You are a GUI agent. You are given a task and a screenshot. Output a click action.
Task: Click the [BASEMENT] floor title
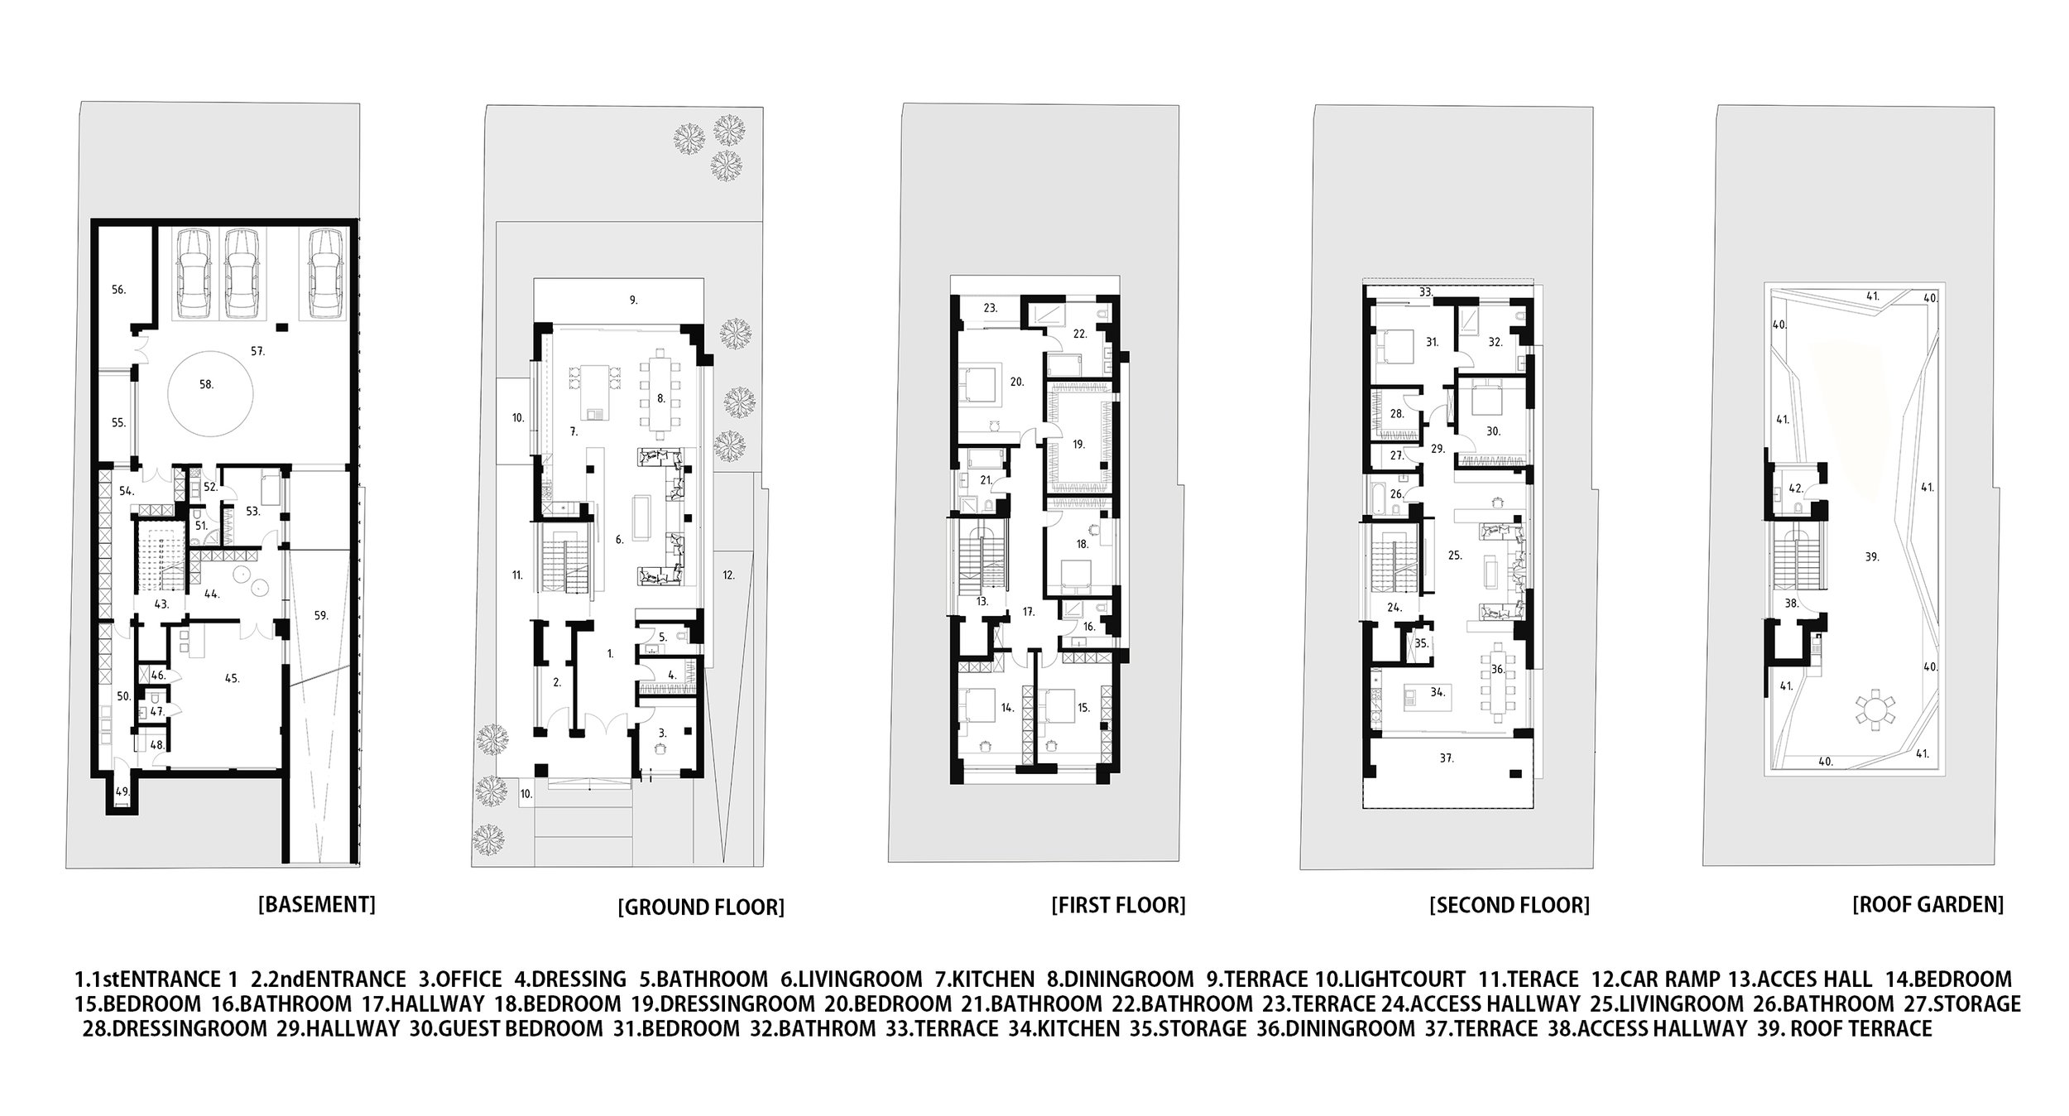[317, 904]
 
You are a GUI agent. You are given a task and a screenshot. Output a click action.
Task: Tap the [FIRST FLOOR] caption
[1118, 905]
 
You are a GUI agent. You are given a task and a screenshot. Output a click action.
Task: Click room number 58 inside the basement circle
[206, 384]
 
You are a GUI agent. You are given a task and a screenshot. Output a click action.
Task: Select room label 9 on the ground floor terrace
[633, 301]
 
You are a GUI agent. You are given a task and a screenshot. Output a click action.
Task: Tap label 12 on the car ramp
[727, 574]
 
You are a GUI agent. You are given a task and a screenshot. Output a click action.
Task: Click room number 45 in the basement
[232, 678]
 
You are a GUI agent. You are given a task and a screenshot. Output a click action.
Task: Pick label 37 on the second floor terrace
[1446, 758]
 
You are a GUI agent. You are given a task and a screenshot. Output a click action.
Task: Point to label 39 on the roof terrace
[1872, 557]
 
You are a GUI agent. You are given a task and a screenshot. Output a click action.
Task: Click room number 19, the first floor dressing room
[1078, 444]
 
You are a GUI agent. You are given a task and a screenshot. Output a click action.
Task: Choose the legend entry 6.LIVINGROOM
[851, 979]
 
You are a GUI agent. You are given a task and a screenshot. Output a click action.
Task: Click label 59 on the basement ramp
[321, 615]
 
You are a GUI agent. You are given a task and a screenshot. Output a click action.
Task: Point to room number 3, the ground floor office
[662, 733]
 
